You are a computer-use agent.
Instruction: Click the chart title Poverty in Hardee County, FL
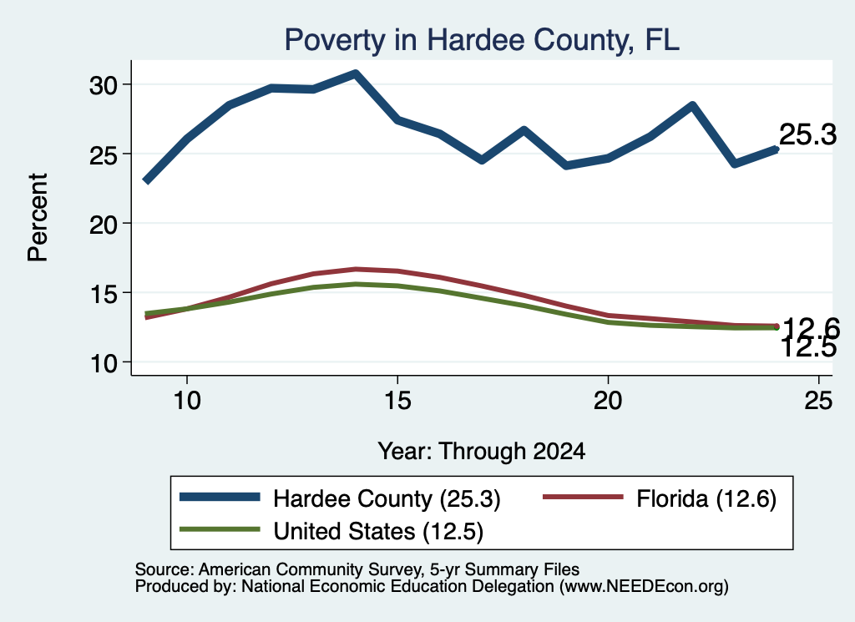click(482, 40)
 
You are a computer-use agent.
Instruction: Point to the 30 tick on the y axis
click(103, 85)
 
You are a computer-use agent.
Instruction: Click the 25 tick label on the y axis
click(103, 154)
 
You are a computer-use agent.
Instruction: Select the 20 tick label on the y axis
click(103, 224)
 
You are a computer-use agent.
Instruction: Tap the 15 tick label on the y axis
click(103, 293)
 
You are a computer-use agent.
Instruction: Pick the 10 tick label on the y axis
click(103, 363)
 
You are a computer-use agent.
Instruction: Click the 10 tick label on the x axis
click(187, 401)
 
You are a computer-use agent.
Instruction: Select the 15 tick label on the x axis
click(397, 401)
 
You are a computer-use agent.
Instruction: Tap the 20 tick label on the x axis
click(608, 401)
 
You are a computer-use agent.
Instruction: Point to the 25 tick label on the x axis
click(818, 401)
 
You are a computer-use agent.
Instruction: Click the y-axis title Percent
click(38, 217)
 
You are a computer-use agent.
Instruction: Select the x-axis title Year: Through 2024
click(482, 452)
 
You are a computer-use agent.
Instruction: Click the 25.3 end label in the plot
click(807, 134)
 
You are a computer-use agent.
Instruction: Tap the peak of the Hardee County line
click(356, 73)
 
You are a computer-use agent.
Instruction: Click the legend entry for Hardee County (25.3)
click(340, 498)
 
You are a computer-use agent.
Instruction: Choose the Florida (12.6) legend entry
click(660, 498)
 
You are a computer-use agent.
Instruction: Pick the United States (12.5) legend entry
click(331, 530)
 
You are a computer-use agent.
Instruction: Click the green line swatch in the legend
click(220, 529)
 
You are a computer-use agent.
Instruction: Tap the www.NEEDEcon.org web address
click(644, 587)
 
